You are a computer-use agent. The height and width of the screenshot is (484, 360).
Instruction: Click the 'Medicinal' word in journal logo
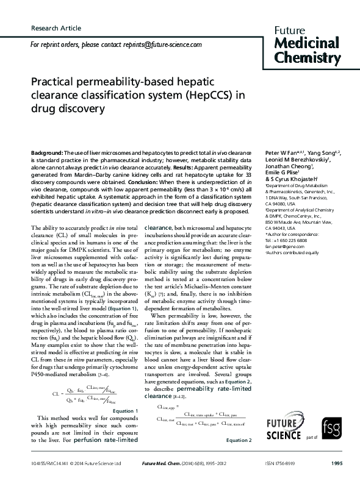307,42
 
